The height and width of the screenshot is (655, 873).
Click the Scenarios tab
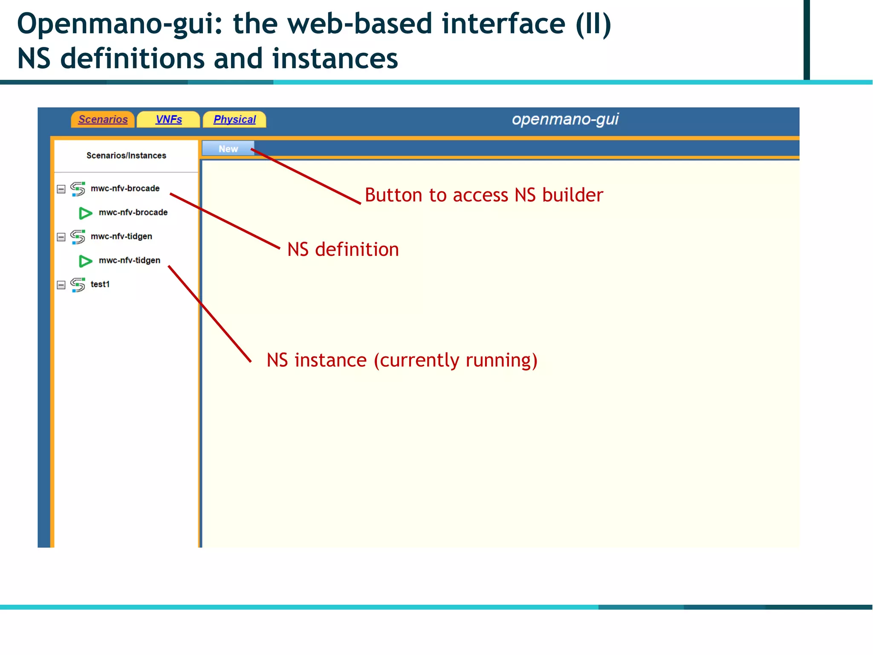(x=103, y=119)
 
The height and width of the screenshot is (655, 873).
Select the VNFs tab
(x=168, y=119)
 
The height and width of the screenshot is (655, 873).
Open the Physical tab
(x=234, y=119)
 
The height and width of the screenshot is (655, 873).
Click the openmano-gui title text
(x=565, y=119)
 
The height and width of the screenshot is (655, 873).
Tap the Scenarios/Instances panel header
(x=126, y=156)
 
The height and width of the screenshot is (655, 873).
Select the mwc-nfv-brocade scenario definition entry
(x=125, y=188)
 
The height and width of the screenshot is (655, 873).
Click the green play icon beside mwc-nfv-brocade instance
(x=85, y=213)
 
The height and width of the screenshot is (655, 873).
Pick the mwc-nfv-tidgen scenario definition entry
(x=121, y=236)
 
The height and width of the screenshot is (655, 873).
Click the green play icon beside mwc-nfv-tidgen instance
(x=85, y=261)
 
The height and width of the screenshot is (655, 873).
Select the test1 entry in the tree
(x=100, y=284)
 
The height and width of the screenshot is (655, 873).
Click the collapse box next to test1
(x=61, y=285)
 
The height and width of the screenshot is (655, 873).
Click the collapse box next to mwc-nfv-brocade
(x=61, y=189)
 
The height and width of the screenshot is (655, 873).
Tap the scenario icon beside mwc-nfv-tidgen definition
(x=78, y=237)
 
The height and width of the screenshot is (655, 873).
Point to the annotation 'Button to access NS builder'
(x=484, y=195)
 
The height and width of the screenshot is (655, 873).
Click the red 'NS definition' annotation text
(x=343, y=249)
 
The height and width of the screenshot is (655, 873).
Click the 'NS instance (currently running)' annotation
(x=402, y=360)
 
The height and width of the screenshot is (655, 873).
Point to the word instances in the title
(x=335, y=58)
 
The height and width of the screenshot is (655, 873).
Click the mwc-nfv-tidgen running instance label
(x=129, y=261)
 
